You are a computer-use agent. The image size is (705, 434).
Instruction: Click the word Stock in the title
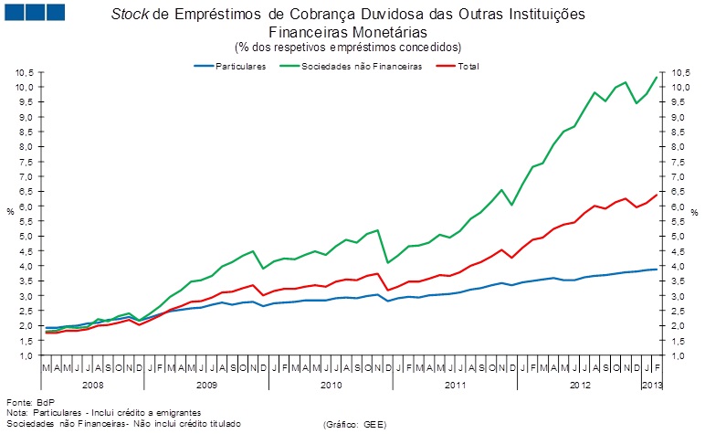(x=130, y=16)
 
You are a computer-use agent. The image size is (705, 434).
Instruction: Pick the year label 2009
(x=206, y=384)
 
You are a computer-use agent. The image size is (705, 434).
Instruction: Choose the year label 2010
(x=331, y=384)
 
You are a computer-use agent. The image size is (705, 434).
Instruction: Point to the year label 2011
(x=455, y=384)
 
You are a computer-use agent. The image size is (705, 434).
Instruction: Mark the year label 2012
(x=579, y=384)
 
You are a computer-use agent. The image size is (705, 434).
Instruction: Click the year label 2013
(x=650, y=384)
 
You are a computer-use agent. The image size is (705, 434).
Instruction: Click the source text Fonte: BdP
(x=26, y=403)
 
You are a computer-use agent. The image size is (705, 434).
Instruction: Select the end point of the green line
(x=656, y=77)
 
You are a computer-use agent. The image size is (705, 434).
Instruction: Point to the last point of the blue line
(x=656, y=269)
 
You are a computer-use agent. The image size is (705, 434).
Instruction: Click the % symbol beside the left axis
(x=10, y=212)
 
